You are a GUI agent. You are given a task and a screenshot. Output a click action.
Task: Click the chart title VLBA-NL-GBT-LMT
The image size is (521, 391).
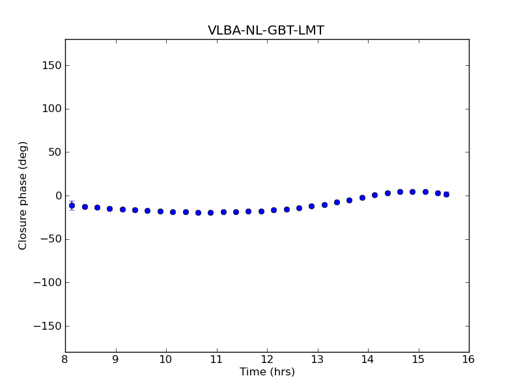pos(266,31)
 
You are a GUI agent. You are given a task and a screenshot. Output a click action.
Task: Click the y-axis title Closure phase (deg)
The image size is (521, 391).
pos(23,195)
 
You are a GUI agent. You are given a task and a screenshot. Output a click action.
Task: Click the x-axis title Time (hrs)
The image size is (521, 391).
pos(267,372)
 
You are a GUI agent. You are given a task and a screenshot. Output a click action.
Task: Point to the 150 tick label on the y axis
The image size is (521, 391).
pos(51,66)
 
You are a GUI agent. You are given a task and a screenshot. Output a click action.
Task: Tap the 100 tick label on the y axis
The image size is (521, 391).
pos(51,109)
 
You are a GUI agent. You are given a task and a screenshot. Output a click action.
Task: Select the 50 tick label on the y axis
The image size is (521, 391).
pos(54,152)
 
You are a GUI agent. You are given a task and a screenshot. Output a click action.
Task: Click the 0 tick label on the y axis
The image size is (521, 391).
pos(57,196)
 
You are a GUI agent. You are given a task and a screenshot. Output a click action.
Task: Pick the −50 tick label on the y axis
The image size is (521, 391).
pos(50,239)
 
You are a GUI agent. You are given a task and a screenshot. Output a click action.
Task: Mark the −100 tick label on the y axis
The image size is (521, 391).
pos(48,283)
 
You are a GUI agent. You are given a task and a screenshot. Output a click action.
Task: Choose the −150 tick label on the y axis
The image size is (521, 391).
pos(48,326)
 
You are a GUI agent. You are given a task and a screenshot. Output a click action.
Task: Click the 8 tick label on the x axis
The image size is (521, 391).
pos(65,359)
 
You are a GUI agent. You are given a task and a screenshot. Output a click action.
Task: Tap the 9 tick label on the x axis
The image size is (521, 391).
pos(116,359)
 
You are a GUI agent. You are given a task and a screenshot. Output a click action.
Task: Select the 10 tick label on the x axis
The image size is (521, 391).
pos(166,359)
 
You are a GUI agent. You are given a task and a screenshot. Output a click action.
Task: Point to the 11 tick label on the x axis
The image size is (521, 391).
pos(217,359)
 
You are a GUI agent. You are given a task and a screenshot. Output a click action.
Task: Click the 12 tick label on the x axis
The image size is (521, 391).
pos(267,359)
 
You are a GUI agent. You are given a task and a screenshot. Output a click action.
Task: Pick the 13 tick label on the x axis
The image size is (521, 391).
pos(318,359)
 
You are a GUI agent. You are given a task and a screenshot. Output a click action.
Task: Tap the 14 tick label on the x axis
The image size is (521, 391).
pos(368,359)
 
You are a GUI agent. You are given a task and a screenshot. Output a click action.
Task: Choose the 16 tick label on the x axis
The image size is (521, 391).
pos(469,359)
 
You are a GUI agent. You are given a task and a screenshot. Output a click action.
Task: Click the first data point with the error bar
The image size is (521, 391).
pos(72,205)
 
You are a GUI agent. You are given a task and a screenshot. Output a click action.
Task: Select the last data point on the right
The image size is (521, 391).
pos(446,194)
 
